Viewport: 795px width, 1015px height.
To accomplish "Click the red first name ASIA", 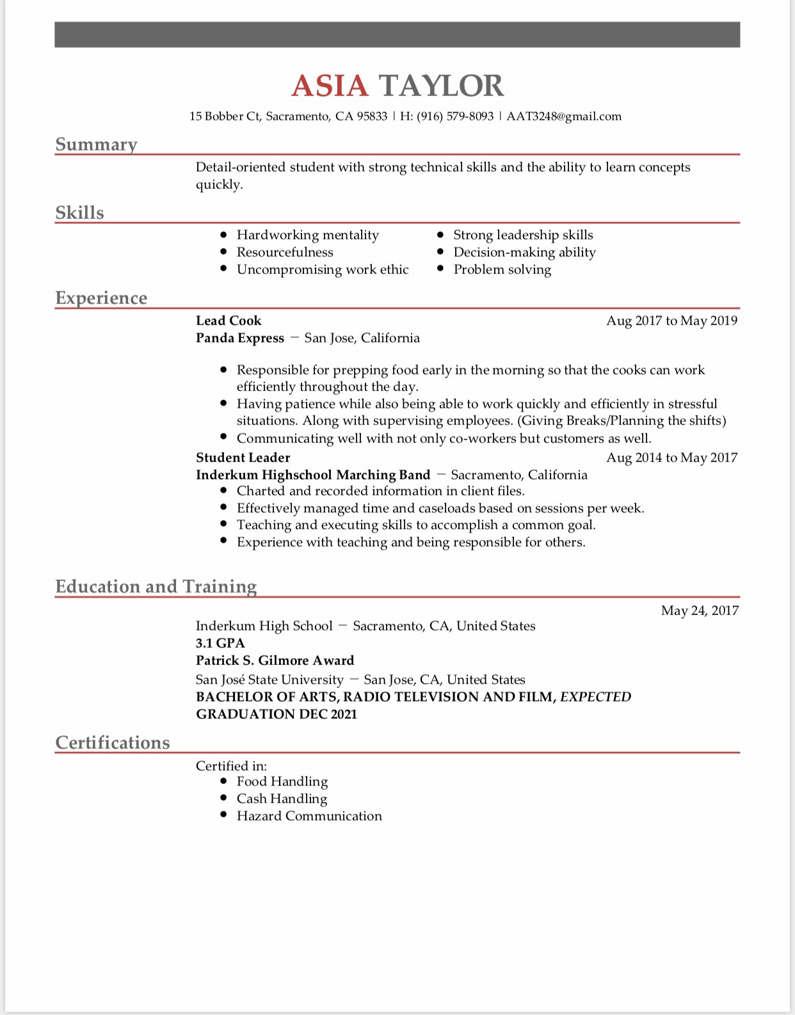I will point(330,86).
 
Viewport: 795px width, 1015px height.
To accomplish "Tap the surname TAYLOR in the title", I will point(441,86).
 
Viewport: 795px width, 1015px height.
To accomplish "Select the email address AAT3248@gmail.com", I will point(564,116).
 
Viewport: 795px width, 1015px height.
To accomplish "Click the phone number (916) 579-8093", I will point(455,116).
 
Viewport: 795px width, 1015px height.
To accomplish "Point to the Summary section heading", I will point(96,145).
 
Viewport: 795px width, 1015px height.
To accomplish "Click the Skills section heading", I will point(79,212).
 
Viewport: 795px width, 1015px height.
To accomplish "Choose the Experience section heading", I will point(101,298).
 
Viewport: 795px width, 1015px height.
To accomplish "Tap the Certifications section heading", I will point(113,742).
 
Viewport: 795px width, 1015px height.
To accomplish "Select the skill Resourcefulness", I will point(285,252).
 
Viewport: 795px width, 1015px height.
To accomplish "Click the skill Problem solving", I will point(502,269).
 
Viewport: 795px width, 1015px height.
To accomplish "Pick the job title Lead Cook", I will point(229,321).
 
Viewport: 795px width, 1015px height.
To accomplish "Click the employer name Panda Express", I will point(240,338).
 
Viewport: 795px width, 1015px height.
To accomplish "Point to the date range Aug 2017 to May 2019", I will point(671,321).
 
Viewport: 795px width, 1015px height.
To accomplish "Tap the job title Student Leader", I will point(243,458).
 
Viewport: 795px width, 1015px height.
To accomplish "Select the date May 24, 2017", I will point(700,611).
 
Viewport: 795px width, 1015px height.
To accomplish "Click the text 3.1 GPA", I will point(220,643).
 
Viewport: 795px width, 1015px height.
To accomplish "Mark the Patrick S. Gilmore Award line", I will point(275,660).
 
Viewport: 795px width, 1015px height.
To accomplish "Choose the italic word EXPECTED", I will point(595,697).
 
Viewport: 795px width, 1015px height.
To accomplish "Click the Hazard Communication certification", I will point(309,816).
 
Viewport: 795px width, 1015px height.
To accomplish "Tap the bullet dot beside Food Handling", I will point(223,781).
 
